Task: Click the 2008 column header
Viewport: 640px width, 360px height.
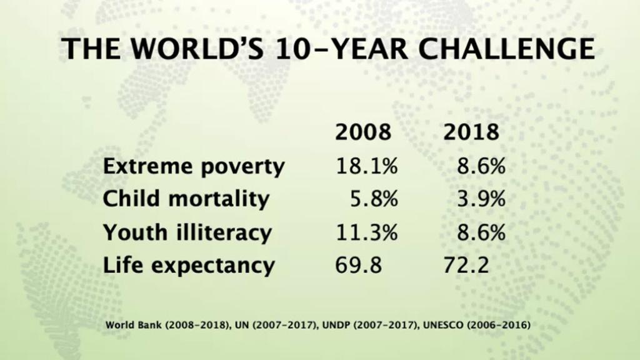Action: pyautogui.click(x=363, y=132)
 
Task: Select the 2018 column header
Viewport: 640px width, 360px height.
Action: pyautogui.click(x=471, y=132)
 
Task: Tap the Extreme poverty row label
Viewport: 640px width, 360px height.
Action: pyautogui.click(x=194, y=167)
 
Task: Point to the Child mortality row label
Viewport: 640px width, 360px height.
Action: pyautogui.click(x=186, y=199)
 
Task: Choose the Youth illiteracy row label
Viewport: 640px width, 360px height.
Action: pyautogui.click(x=187, y=232)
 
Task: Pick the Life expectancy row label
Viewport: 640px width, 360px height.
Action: pyautogui.click(x=189, y=265)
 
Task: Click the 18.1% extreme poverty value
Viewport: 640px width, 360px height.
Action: pyautogui.click(x=367, y=167)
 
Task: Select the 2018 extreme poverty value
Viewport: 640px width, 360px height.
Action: pyautogui.click(x=480, y=167)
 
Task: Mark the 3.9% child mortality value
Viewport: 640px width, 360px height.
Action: pyautogui.click(x=480, y=199)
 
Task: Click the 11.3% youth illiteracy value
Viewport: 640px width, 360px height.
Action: pyautogui.click(x=367, y=232)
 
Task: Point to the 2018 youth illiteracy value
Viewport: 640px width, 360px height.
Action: pyautogui.click(x=480, y=232)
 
